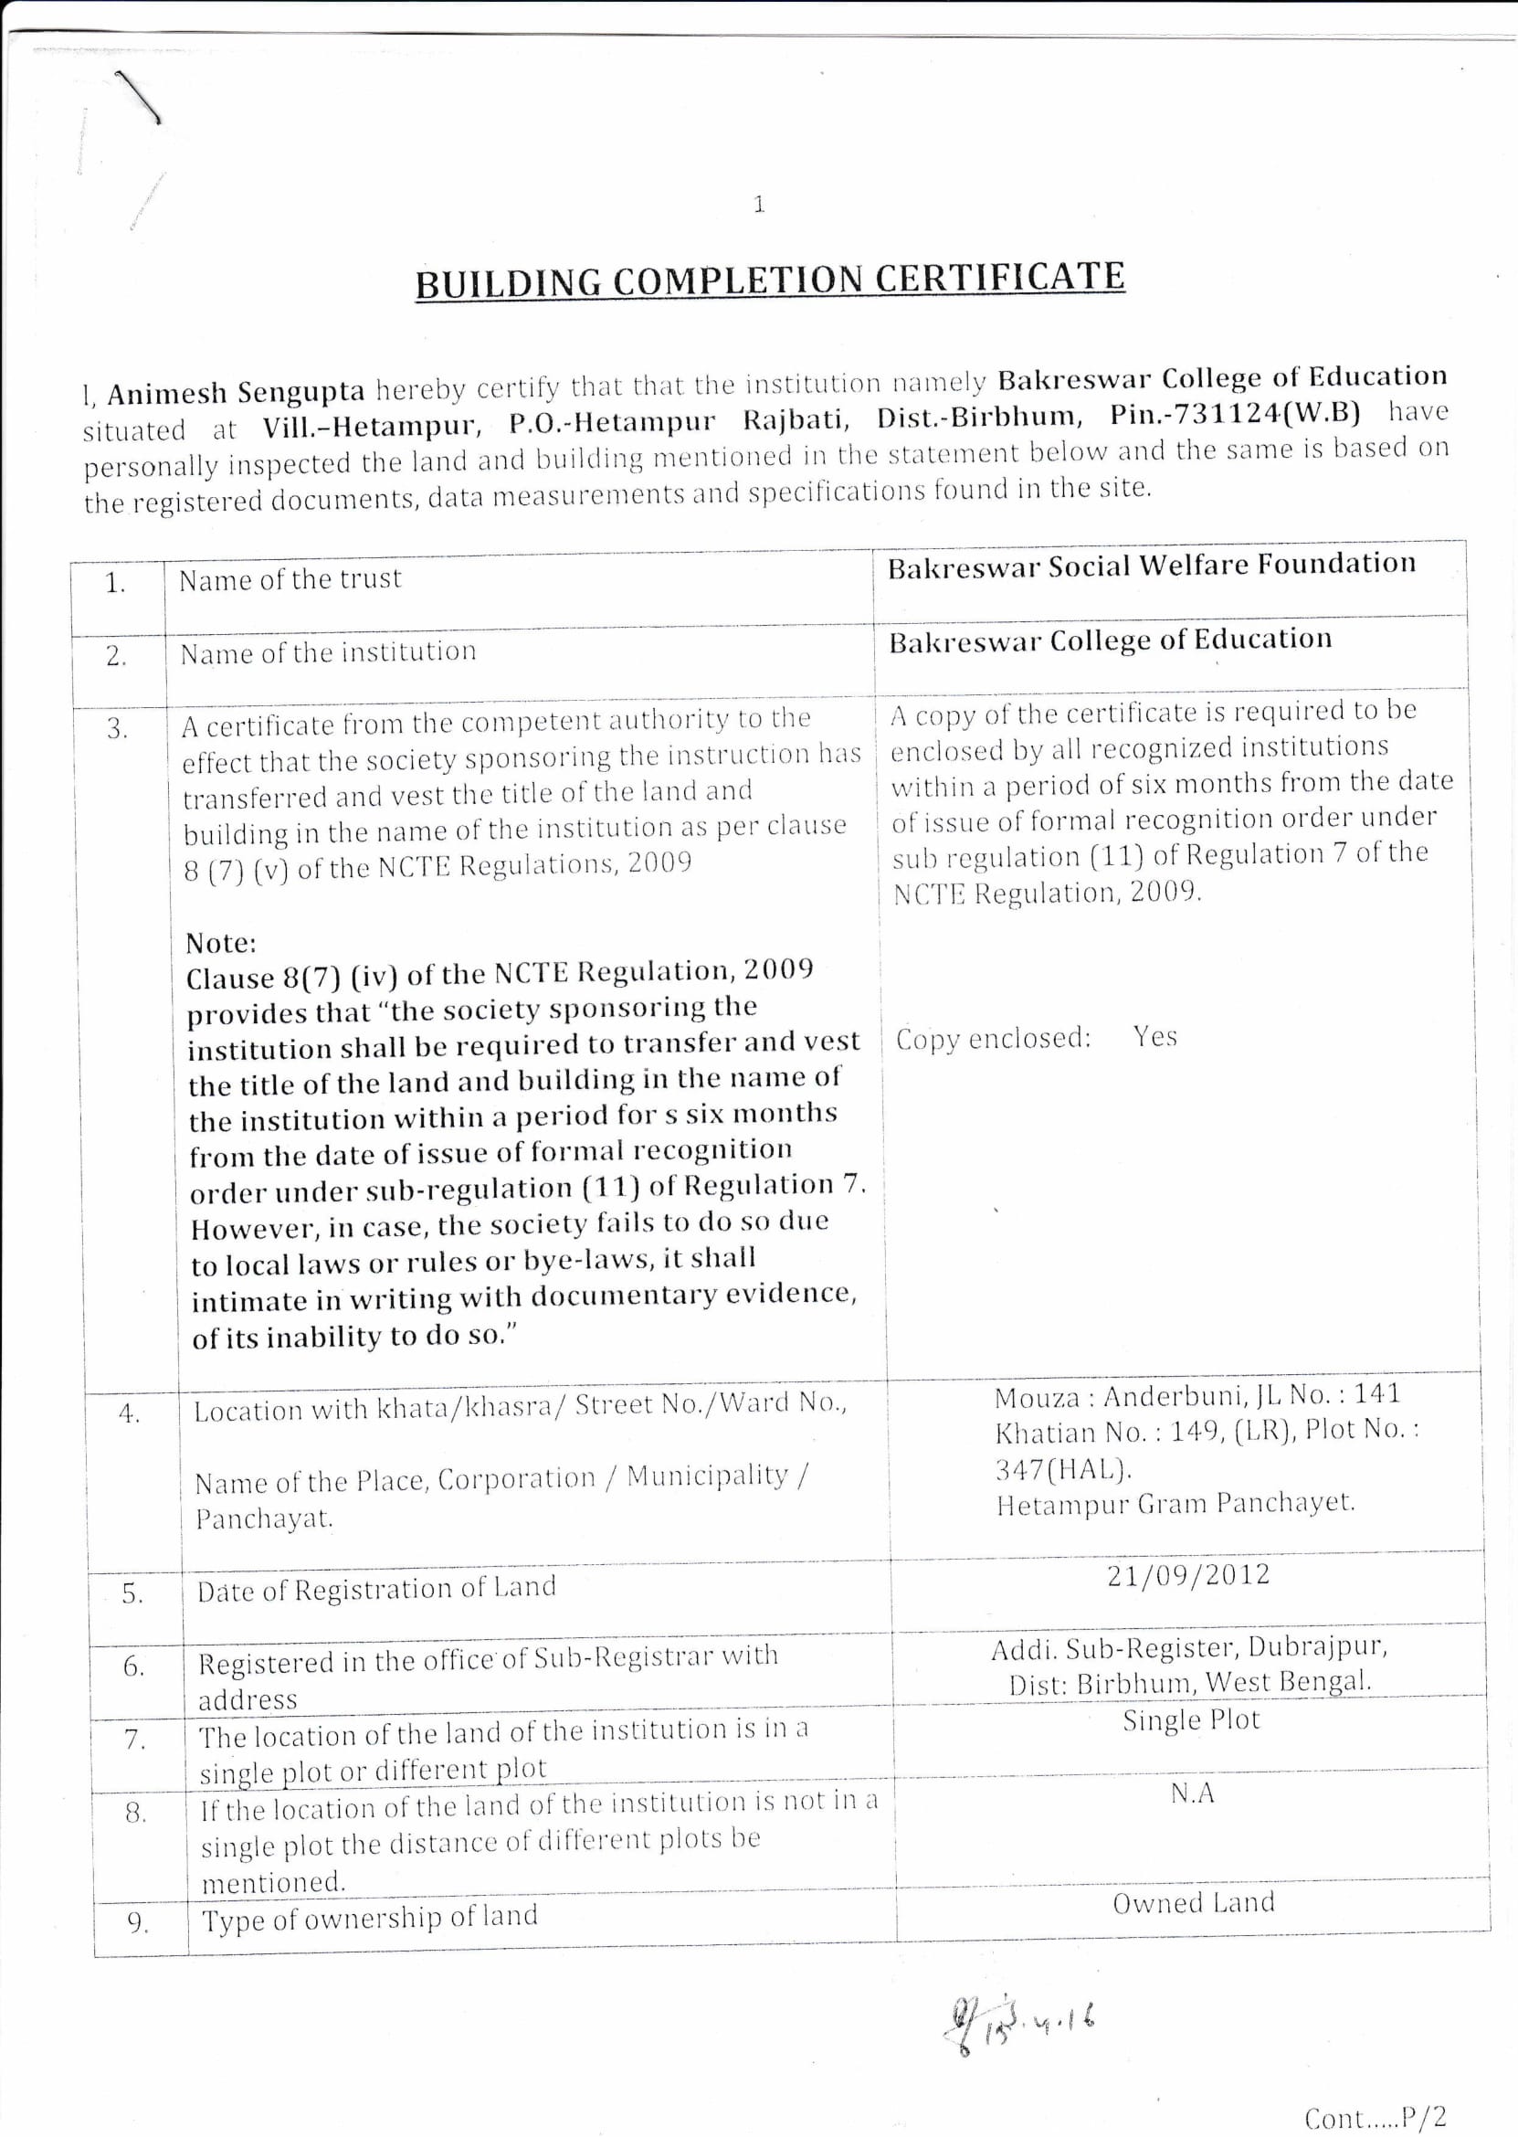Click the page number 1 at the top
click(758, 204)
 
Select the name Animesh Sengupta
click(236, 393)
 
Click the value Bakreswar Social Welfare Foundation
click(1151, 566)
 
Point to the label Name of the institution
click(328, 652)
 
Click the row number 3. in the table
click(117, 729)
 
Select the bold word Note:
click(221, 941)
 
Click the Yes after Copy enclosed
click(1154, 1037)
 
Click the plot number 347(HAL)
click(1063, 1468)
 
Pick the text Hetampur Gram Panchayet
click(1175, 1504)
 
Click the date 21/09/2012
click(1188, 1575)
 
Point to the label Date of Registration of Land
click(375, 1588)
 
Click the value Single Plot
click(1191, 1720)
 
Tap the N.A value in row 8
click(1192, 1793)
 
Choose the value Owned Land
click(1193, 1902)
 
